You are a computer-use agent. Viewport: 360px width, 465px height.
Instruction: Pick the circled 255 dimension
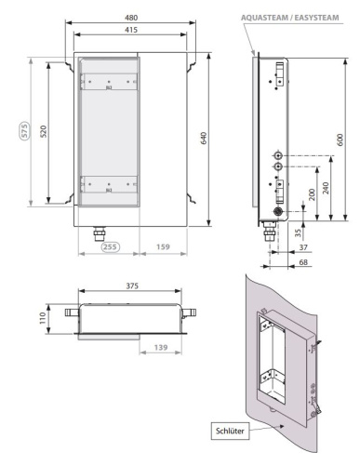[x=110, y=246]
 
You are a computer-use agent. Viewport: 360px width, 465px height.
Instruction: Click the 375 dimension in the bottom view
[x=132, y=286]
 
